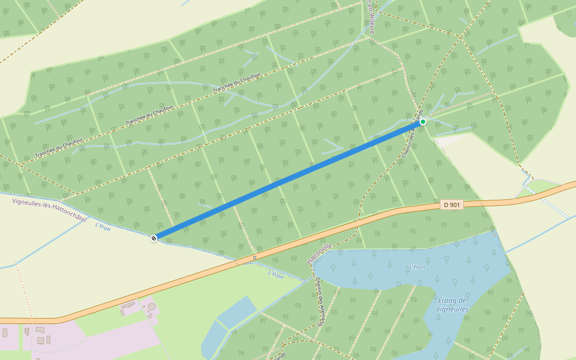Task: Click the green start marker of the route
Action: pos(423,122)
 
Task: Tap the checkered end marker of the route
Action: pos(154,238)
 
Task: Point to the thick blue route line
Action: pos(288,180)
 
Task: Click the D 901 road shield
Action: pos(452,205)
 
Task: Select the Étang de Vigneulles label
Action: pos(452,305)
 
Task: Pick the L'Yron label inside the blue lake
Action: pos(416,267)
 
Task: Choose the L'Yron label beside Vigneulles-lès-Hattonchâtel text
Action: pos(103,227)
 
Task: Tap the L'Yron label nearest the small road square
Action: pos(275,275)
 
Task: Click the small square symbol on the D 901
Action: pos(254,258)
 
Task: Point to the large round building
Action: pos(151,307)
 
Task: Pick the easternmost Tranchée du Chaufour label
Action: pos(236,83)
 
